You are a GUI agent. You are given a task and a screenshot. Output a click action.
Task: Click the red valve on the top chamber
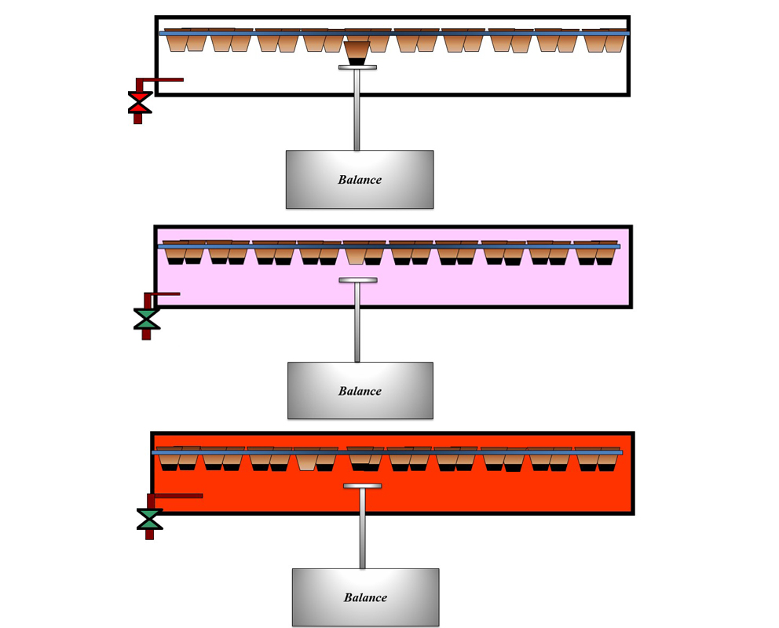(140, 102)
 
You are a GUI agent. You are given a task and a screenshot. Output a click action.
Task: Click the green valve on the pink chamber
(146, 318)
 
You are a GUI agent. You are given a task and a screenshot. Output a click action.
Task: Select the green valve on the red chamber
(149, 519)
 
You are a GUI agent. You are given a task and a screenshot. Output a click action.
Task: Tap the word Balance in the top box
(360, 180)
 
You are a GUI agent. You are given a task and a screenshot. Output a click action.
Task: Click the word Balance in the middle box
(360, 391)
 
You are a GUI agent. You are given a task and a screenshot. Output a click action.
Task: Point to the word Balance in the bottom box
(365, 597)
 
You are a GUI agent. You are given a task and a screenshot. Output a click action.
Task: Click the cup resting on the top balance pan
(357, 53)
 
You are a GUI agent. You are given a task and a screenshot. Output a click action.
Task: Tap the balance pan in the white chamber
(357, 68)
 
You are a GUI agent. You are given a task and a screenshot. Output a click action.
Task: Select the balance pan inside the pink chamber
(357, 280)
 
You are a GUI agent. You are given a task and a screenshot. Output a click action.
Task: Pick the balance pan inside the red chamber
(362, 486)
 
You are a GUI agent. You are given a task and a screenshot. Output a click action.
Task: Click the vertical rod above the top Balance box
(357, 110)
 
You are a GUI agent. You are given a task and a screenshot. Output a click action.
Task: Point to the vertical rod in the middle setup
(357, 322)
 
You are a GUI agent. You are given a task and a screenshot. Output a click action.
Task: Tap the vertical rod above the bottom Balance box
(362, 528)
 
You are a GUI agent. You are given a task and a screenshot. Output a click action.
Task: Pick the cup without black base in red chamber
(306, 461)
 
